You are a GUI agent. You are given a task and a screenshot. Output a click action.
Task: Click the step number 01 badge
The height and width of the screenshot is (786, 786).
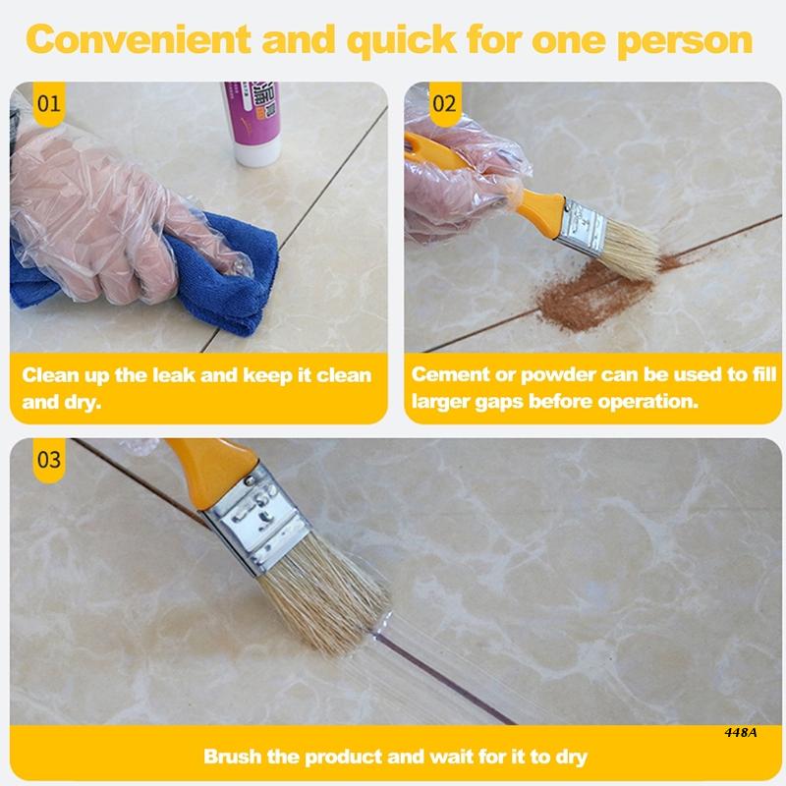point(48,102)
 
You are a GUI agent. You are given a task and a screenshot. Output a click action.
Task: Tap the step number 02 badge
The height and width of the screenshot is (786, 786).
point(445,102)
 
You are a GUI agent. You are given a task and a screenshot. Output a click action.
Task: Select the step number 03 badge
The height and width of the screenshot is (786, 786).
point(48,459)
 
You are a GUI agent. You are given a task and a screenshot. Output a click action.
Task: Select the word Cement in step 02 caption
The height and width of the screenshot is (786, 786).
point(448,375)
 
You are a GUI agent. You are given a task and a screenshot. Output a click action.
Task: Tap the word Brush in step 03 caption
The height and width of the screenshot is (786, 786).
point(234,758)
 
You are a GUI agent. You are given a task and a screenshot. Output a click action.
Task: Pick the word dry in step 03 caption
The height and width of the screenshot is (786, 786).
point(570,758)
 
